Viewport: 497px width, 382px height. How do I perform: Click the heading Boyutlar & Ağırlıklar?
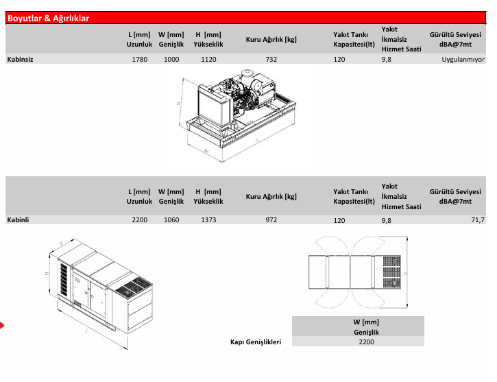(x=48, y=19)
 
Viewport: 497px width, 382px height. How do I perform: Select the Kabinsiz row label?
(x=20, y=60)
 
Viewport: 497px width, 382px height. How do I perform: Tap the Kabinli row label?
(x=18, y=220)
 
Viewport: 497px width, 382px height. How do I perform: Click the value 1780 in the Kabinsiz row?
(x=139, y=60)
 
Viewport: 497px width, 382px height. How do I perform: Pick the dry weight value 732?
(x=271, y=60)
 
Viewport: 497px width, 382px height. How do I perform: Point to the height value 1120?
(x=208, y=60)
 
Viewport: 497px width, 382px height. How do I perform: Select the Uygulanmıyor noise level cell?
(x=463, y=60)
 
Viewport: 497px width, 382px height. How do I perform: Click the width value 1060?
(x=171, y=220)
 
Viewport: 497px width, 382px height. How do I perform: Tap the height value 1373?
(x=208, y=220)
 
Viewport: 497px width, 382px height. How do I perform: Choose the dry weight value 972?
(x=271, y=220)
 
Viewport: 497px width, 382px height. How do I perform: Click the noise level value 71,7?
(x=477, y=220)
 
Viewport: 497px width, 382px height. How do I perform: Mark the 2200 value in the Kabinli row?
(x=139, y=220)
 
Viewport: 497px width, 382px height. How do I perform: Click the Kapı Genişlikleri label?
(x=256, y=341)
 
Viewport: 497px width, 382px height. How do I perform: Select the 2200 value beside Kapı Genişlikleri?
(x=366, y=341)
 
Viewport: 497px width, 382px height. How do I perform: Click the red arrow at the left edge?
(x=2, y=324)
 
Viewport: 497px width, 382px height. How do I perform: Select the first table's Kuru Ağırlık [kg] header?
(x=271, y=39)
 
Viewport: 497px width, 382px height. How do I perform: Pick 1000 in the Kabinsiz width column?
(x=171, y=60)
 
